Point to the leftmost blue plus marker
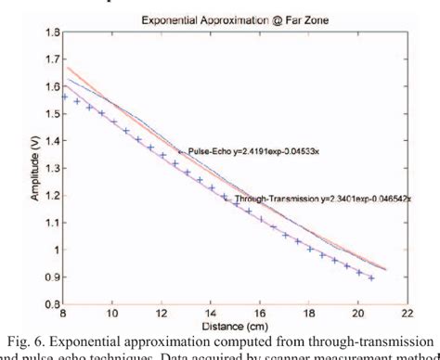click(x=65, y=96)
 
